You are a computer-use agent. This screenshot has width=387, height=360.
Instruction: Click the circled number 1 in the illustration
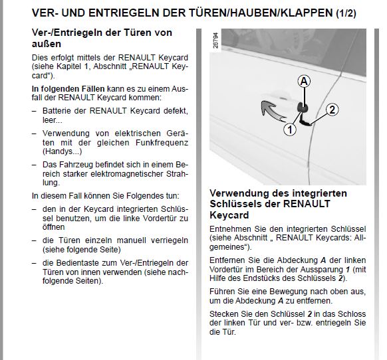(x=289, y=130)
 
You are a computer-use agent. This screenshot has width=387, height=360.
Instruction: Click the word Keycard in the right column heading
(x=229, y=216)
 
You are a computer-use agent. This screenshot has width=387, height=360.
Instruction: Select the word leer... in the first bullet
(x=51, y=121)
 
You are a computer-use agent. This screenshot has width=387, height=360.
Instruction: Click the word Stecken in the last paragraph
(x=225, y=314)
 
